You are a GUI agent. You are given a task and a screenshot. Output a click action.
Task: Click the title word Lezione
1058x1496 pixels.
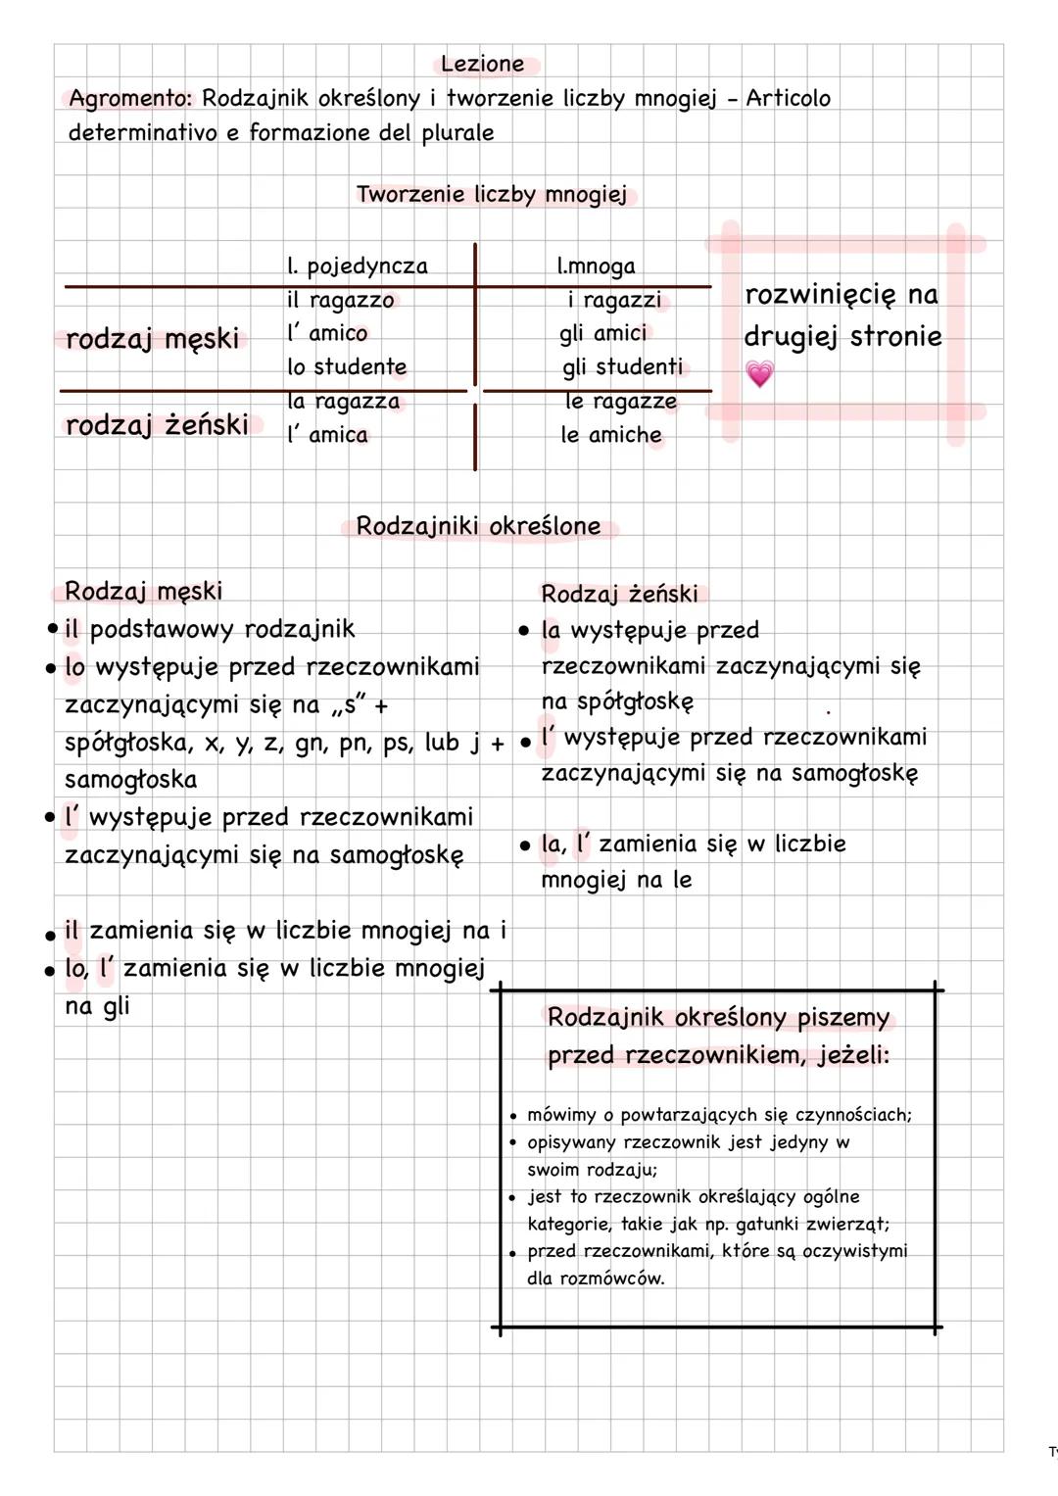(482, 65)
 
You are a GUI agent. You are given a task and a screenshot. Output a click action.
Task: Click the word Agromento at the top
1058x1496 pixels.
(130, 99)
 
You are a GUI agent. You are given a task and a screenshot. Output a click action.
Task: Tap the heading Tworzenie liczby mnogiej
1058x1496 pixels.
(491, 195)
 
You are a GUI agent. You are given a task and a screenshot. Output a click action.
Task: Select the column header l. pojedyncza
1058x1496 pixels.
(357, 266)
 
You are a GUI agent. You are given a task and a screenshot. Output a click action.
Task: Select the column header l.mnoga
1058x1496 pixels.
(596, 266)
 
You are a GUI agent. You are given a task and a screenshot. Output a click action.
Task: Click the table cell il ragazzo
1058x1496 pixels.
(340, 301)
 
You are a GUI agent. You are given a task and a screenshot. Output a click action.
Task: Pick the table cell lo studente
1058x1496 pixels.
(346, 367)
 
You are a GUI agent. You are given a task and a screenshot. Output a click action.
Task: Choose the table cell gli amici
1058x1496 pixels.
(602, 334)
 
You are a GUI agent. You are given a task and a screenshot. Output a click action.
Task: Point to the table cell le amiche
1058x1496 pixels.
(611, 435)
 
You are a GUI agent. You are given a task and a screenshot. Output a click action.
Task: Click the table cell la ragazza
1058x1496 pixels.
(343, 402)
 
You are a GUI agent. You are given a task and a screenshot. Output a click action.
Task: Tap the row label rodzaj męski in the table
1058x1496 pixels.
(152, 339)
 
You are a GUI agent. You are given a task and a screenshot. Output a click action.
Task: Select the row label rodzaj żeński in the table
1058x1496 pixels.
(157, 425)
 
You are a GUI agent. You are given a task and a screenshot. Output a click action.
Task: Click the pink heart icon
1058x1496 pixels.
(759, 373)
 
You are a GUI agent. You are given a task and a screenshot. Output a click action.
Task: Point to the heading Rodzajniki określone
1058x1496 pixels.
(478, 526)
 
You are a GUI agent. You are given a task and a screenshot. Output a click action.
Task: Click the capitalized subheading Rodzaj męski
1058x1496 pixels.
(143, 592)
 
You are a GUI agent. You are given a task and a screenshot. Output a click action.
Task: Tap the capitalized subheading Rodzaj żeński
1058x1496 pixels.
(619, 595)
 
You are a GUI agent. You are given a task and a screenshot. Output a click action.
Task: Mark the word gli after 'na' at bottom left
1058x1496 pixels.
(116, 1006)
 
